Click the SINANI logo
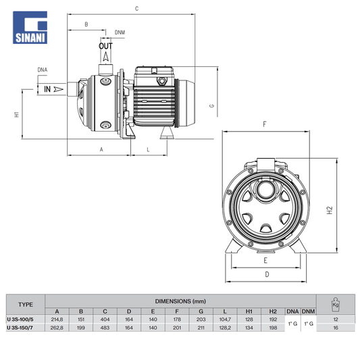point(30,27)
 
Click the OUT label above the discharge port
point(105,46)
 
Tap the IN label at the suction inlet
point(47,89)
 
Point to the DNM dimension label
point(120,32)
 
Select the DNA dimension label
point(43,70)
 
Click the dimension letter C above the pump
point(137,9)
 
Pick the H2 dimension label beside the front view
point(330,210)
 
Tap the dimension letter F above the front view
point(265,124)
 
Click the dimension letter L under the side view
point(148,150)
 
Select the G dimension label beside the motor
point(211,106)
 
